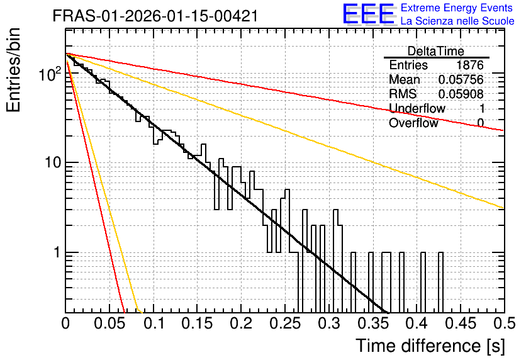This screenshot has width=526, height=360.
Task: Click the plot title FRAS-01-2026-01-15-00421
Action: pyautogui.click(x=155, y=16)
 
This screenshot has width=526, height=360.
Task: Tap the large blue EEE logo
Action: pyautogui.click(x=368, y=14)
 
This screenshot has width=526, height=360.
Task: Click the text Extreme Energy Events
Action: pyautogui.click(x=456, y=8)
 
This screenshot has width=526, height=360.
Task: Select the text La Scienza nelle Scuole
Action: pyautogui.click(x=457, y=21)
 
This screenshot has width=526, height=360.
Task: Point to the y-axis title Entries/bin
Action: pyautogui.click(x=14, y=70)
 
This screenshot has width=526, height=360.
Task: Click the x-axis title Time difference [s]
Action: pyautogui.click(x=430, y=346)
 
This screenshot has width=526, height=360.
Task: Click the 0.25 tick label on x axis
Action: pyautogui.click(x=285, y=323)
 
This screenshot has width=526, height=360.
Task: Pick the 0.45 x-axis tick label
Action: pyautogui.click(x=461, y=323)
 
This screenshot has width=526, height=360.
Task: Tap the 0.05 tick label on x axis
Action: pyautogui.click(x=109, y=323)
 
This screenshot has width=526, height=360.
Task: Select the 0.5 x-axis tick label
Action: pyautogui.click(x=505, y=323)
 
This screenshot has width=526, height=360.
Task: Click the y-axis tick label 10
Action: pyautogui.click(x=53, y=162)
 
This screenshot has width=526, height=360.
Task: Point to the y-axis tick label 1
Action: pyautogui.click(x=57, y=252)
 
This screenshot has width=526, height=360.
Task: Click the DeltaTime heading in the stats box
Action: pyautogui.click(x=435, y=51)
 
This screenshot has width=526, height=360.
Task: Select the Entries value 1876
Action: pyautogui.click(x=469, y=65)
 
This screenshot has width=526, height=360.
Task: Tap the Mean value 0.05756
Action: pyautogui.click(x=461, y=79)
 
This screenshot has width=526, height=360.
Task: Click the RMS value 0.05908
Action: pyautogui.click(x=461, y=94)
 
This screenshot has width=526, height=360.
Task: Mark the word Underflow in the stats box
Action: pyautogui.click(x=417, y=108)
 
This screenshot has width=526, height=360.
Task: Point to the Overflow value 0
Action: pyautogui.click(x=480, y=123)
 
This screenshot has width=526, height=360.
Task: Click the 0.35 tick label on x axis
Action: pyautogui.click(x=373, y=323)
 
